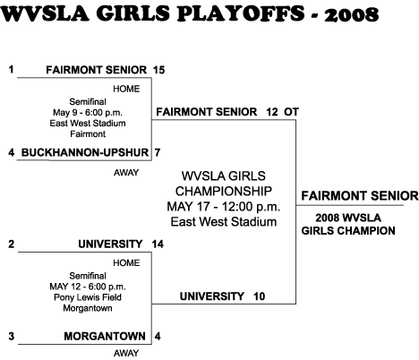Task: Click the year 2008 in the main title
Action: [351, 14]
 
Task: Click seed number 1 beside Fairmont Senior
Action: [12, 70]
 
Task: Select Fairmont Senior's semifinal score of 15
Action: [158, 70]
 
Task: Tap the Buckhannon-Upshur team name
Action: [85, 152]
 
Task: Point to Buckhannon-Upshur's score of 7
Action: [158, 152]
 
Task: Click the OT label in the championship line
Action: [291, 112]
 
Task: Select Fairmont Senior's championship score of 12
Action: [272, 112]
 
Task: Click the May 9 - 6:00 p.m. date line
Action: [88, 113]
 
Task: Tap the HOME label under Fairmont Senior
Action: [126, 89]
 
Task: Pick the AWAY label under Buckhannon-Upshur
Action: [126, 173]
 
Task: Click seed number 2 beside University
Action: [12, 244]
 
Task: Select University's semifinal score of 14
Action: [158, 244]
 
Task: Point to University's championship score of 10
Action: [260, 296]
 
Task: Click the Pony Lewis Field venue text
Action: [88, 297]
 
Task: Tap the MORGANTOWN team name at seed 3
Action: [105, 337]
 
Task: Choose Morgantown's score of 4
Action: [158, 337]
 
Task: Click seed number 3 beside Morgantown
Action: [12, 337]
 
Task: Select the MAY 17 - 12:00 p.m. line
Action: [224, 207]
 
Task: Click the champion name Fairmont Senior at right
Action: [360, 196]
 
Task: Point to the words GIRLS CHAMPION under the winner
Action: [348, 231]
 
